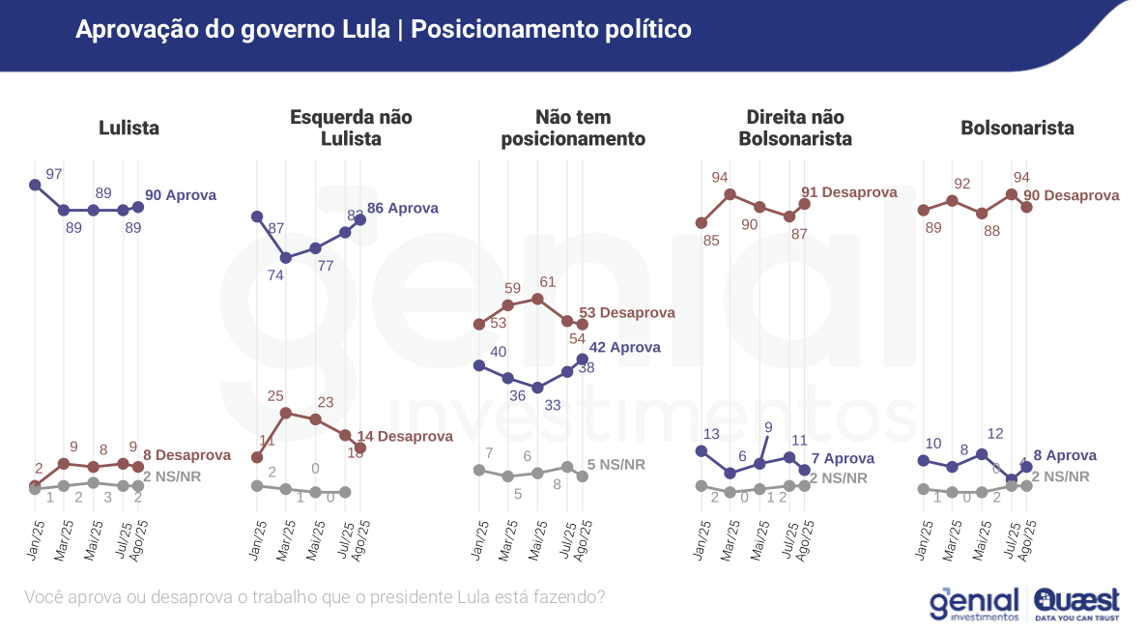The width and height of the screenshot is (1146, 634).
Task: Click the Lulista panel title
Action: click(129, 128)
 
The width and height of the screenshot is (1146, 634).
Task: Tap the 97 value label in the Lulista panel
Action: click(54, 174)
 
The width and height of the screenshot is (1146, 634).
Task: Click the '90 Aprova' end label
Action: click(180, 195)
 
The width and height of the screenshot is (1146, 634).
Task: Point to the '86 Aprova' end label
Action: click(403, 208)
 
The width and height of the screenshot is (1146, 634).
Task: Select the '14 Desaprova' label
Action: click(405, 436)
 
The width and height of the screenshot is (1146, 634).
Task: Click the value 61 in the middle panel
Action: click(547, 282)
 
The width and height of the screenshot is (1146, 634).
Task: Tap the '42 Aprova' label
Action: click(625, 347)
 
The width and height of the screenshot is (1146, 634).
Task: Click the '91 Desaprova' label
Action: click(849, 192)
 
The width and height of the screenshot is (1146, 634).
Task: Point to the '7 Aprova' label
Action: click(843, 458)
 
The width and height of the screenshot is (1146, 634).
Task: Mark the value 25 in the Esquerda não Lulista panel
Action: click(276, 396)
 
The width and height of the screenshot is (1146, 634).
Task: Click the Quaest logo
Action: click(1076, 602)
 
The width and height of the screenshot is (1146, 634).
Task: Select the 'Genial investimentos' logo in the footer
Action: click(974, 603)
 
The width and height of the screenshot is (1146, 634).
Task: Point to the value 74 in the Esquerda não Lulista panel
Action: click(275, 274)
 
